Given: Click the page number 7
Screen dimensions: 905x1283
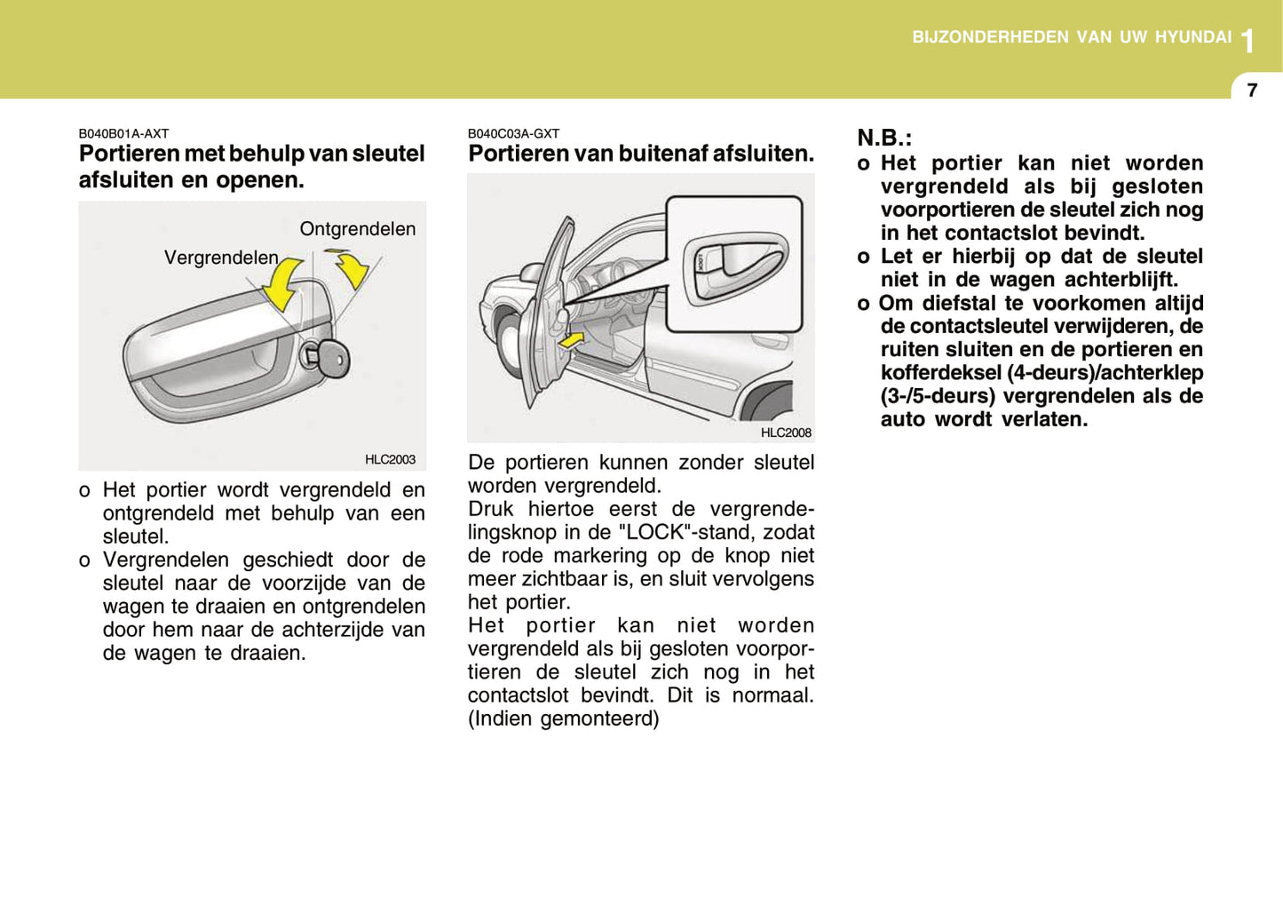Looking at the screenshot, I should [1252, 90].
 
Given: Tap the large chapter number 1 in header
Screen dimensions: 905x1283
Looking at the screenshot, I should [1248, 41].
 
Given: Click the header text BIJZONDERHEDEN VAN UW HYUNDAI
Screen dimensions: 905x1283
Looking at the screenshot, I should [1072, 37].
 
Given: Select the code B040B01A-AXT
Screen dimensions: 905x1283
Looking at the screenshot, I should [123, 133].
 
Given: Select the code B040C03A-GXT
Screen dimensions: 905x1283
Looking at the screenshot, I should [513, 133].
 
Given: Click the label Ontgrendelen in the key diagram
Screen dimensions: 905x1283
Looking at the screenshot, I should [357, 229].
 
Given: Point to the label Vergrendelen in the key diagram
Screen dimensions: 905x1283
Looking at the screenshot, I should [221, 258].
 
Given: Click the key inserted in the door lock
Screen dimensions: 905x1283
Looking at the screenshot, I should [329, 357].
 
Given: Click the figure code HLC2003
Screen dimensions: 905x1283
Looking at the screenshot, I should [390, 459].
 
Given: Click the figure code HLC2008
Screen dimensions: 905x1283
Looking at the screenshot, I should [786, 433].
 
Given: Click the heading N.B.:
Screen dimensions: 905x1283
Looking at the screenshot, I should [884, 138].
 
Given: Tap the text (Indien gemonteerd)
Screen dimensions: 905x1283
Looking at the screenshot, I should [564, 718].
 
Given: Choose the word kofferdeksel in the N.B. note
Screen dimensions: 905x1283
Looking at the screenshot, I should [940, 373].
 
